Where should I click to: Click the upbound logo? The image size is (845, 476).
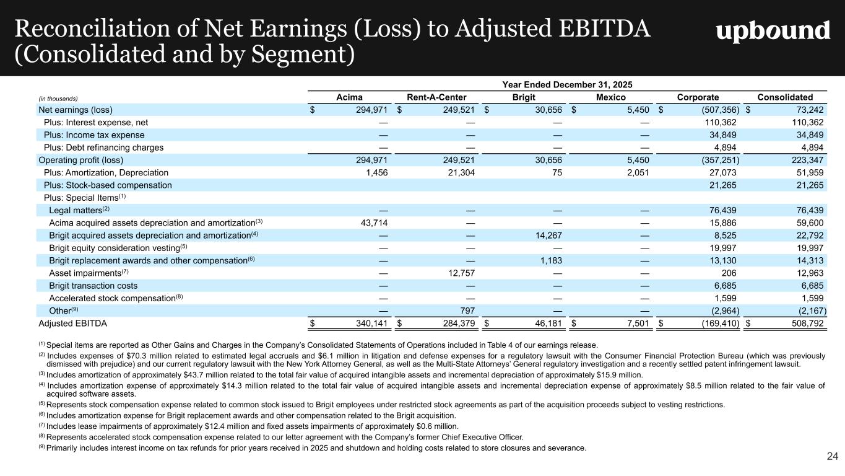coord(773,31)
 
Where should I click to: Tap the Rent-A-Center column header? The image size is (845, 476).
coord(436,97)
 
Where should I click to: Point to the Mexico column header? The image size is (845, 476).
coord(610,97)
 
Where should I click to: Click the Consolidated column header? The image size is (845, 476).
coord(786,97)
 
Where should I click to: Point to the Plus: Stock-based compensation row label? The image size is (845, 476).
coord(108,185)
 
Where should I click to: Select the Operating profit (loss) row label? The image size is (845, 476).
coord(75,161)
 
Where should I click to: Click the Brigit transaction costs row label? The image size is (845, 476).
coord(93,286)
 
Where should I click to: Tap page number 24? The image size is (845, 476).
coord(832,457)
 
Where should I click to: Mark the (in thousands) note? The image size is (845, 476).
coord(58,98)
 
